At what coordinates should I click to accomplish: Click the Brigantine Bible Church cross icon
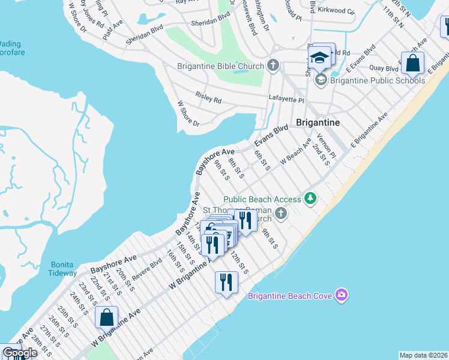pyautogui.click(x=273, y=65)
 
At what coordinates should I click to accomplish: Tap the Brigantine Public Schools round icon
pyautogui.click(x=321, y=80)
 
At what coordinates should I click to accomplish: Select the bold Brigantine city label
pyautogui.click(x=318, y=122)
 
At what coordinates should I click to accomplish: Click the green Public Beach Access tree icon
pyautogui.click(x=310, y=198)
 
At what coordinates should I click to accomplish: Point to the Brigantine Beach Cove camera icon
pyautogui.click(x=342, y=294)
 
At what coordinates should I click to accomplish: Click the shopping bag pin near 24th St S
pyautogui.click(x=106, y=317)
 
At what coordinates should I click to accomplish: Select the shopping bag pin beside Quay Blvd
pyautogui.click(x=412, y=62)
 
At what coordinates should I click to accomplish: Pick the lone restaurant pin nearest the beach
pyautogui.click(x=226, y=282)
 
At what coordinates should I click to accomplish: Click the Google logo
pyautogui.click(x=19, y=353)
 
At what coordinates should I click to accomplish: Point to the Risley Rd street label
pyautogui.click(x=208, y=97)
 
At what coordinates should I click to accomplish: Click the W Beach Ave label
pyautogui.click(x=296, y=154)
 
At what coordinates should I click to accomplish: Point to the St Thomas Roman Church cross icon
pyautogui.click(x=280, y=213)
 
